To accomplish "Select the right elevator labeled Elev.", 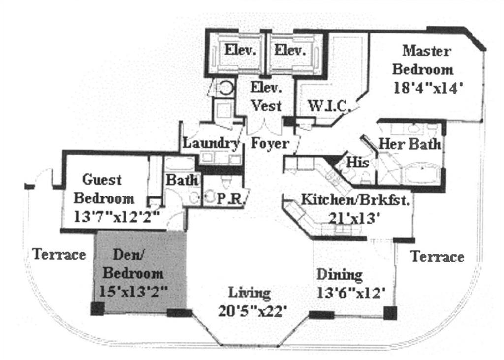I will [290, 50].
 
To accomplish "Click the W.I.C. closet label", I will [328, 106].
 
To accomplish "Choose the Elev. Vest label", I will [266, 98].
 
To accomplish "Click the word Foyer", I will [270, 144].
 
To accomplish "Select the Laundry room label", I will [211, 144].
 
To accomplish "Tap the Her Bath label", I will [409, 144].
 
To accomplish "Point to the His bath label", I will [358, 162].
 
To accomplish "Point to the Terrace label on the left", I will [59, 255].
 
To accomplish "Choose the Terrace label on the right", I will [437, 257].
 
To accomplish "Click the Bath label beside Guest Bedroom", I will [182, 180].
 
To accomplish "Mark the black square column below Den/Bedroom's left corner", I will [97, 309].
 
